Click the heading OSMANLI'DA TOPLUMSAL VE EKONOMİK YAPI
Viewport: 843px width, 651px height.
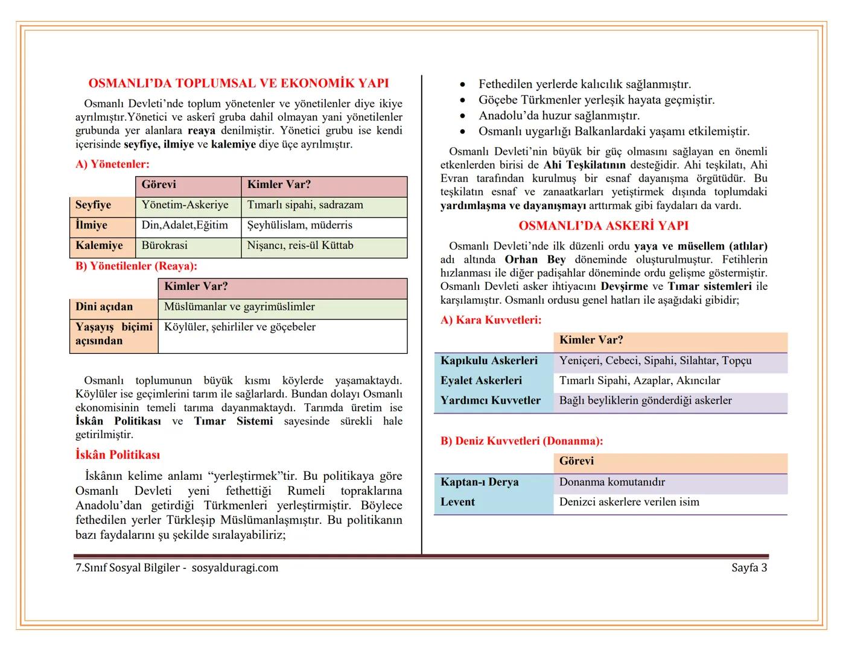[238, 83]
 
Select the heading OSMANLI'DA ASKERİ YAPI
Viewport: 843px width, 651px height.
[603, 225]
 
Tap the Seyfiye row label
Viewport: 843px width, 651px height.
[94, 205]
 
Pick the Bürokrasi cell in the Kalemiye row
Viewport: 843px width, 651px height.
[164, 245]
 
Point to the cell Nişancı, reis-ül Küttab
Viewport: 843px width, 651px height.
[300, 245]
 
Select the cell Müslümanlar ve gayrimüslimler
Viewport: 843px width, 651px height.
[240, 307]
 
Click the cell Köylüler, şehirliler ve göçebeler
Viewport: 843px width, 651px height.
[240, 327]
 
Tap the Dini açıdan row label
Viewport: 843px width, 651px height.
[104, 307]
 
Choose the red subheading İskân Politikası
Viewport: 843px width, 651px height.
[118, 455]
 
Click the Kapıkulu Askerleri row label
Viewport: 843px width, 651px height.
[489, 360]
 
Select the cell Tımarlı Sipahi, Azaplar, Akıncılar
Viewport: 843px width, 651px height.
[640, 381]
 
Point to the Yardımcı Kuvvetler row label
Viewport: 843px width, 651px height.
[490, 401]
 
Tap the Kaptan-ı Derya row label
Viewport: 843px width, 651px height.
[479, 482]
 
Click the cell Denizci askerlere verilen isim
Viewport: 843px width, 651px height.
[629, 502]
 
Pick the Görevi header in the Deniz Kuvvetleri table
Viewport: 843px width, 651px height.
[576, 461]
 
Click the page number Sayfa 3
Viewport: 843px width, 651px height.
[749, 568]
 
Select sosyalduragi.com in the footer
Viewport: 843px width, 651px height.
[235, 568]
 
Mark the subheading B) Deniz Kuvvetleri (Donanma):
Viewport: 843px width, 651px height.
[521, 441]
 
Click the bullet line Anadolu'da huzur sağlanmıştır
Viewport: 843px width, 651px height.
[559, 116]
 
